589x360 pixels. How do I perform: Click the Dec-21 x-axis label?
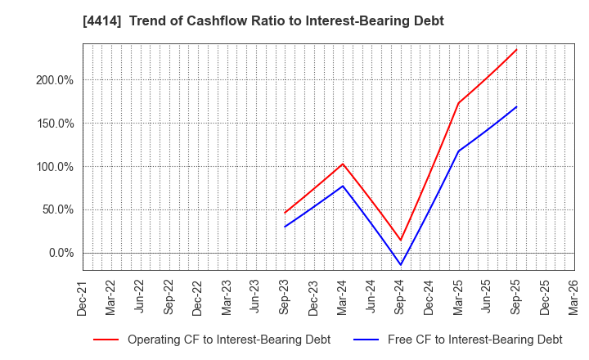[x=83, y=297]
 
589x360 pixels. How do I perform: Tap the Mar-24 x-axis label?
[x=343, y=297]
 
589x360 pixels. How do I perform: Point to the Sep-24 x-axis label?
[x=401, y=297]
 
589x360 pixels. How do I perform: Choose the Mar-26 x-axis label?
[x=573, y=297]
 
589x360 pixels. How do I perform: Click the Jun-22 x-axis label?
[x=141, y=297]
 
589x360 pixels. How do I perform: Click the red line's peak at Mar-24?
[x=343, y=164]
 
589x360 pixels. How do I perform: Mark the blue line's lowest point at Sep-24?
[x=401, y=265]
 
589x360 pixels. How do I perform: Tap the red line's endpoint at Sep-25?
[x=516, y=49]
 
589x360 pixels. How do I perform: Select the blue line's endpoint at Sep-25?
[x=516, y=106]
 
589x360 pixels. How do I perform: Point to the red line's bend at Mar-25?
[x=458, y=103]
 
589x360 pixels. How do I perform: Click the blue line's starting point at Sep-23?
[x=285, y=227]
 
